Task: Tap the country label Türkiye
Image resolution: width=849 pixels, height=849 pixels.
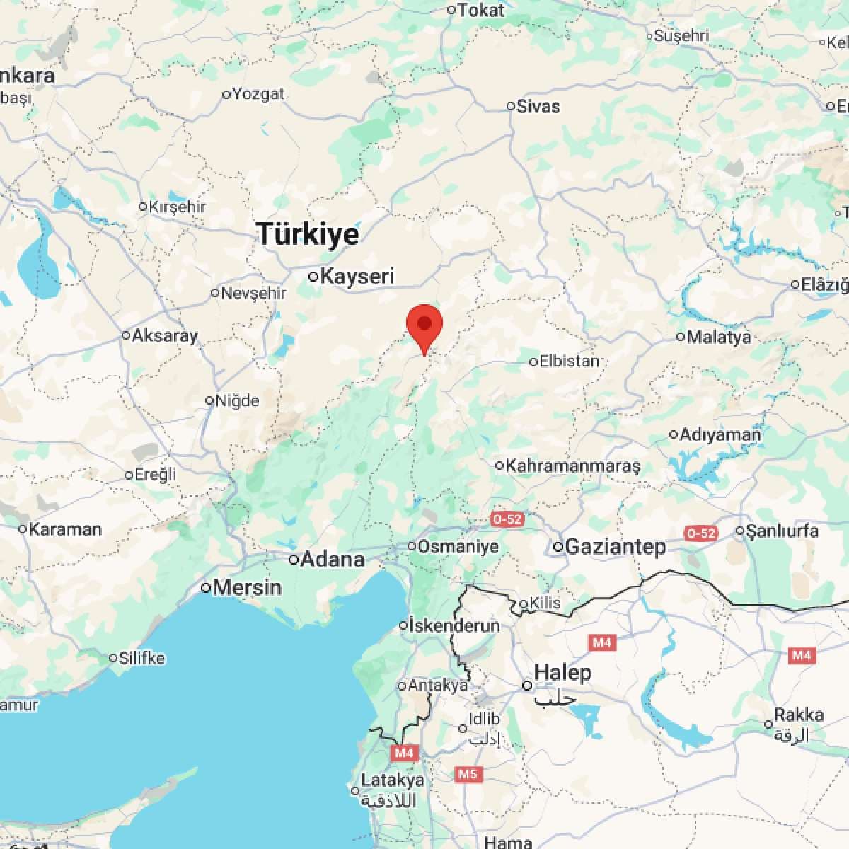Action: [308, 233]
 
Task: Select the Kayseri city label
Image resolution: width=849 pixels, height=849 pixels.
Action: [357, 276]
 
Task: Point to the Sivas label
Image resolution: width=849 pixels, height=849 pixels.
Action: [538, 107]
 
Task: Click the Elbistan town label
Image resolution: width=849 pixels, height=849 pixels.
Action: [569, 361]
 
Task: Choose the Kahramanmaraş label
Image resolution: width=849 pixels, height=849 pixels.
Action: [572, 466]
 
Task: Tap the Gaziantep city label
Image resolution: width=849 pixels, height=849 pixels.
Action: [615, 546]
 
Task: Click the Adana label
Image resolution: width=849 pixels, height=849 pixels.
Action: [332, 559]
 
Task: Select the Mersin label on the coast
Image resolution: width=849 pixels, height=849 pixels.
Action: [247, 587]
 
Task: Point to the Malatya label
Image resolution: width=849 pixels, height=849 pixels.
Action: [718, 337]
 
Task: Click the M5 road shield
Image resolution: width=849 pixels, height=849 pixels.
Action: [467, 774]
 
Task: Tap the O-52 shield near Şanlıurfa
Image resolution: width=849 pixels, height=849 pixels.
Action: [700, 533]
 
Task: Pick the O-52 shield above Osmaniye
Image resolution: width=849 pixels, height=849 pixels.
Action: [507, 519]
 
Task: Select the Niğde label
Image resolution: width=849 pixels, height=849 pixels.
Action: [237, 400]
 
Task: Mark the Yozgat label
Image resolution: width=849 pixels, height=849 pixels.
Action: [258, 93]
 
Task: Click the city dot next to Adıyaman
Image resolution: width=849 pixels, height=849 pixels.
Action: [674, 434]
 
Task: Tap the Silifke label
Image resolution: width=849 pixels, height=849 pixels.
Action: [141, 658]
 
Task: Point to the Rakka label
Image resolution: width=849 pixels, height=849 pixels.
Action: [799, 715]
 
